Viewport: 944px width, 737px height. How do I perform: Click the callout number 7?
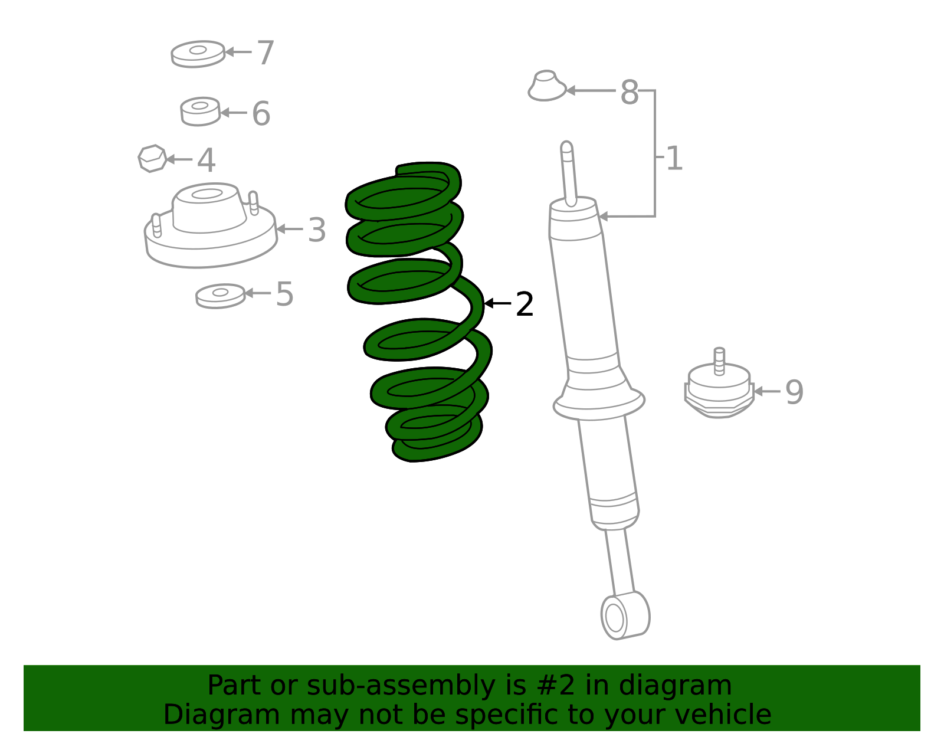tap(265, 53)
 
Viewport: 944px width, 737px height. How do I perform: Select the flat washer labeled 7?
tap(198, 54)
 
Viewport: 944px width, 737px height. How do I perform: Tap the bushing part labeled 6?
tap(200, 112)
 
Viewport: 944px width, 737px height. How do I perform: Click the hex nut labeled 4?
tap(152, 159)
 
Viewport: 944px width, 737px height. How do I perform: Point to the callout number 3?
tap(317, 230)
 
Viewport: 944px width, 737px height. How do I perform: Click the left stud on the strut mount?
tap(156, 225)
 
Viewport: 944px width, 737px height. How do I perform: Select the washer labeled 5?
tap(220, 296)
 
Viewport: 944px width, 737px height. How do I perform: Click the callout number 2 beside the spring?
tap(524, 304)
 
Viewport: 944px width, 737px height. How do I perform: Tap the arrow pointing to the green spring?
tap(497, 303)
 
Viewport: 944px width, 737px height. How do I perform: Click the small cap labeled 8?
tap(546, 86)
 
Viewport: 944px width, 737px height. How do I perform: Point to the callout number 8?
tap(629, 93)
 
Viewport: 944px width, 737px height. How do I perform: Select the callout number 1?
tap(674, 159)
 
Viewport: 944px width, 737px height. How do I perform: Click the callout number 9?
tap(794, 392)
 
